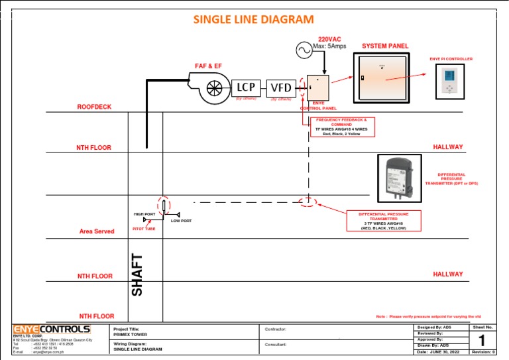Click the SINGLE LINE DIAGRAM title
coord(253,19)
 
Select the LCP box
coord(246,87)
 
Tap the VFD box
coord(280,87)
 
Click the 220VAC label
coord(329,39)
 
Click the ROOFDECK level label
coord(94,106)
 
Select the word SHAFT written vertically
coord(137,275)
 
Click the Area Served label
coord(97,231)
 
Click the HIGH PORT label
coord(144,214)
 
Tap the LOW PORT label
coord(181,221)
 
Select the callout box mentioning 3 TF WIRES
coord(383,221)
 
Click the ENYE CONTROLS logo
coord(52,330)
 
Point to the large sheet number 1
coord(482,339)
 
